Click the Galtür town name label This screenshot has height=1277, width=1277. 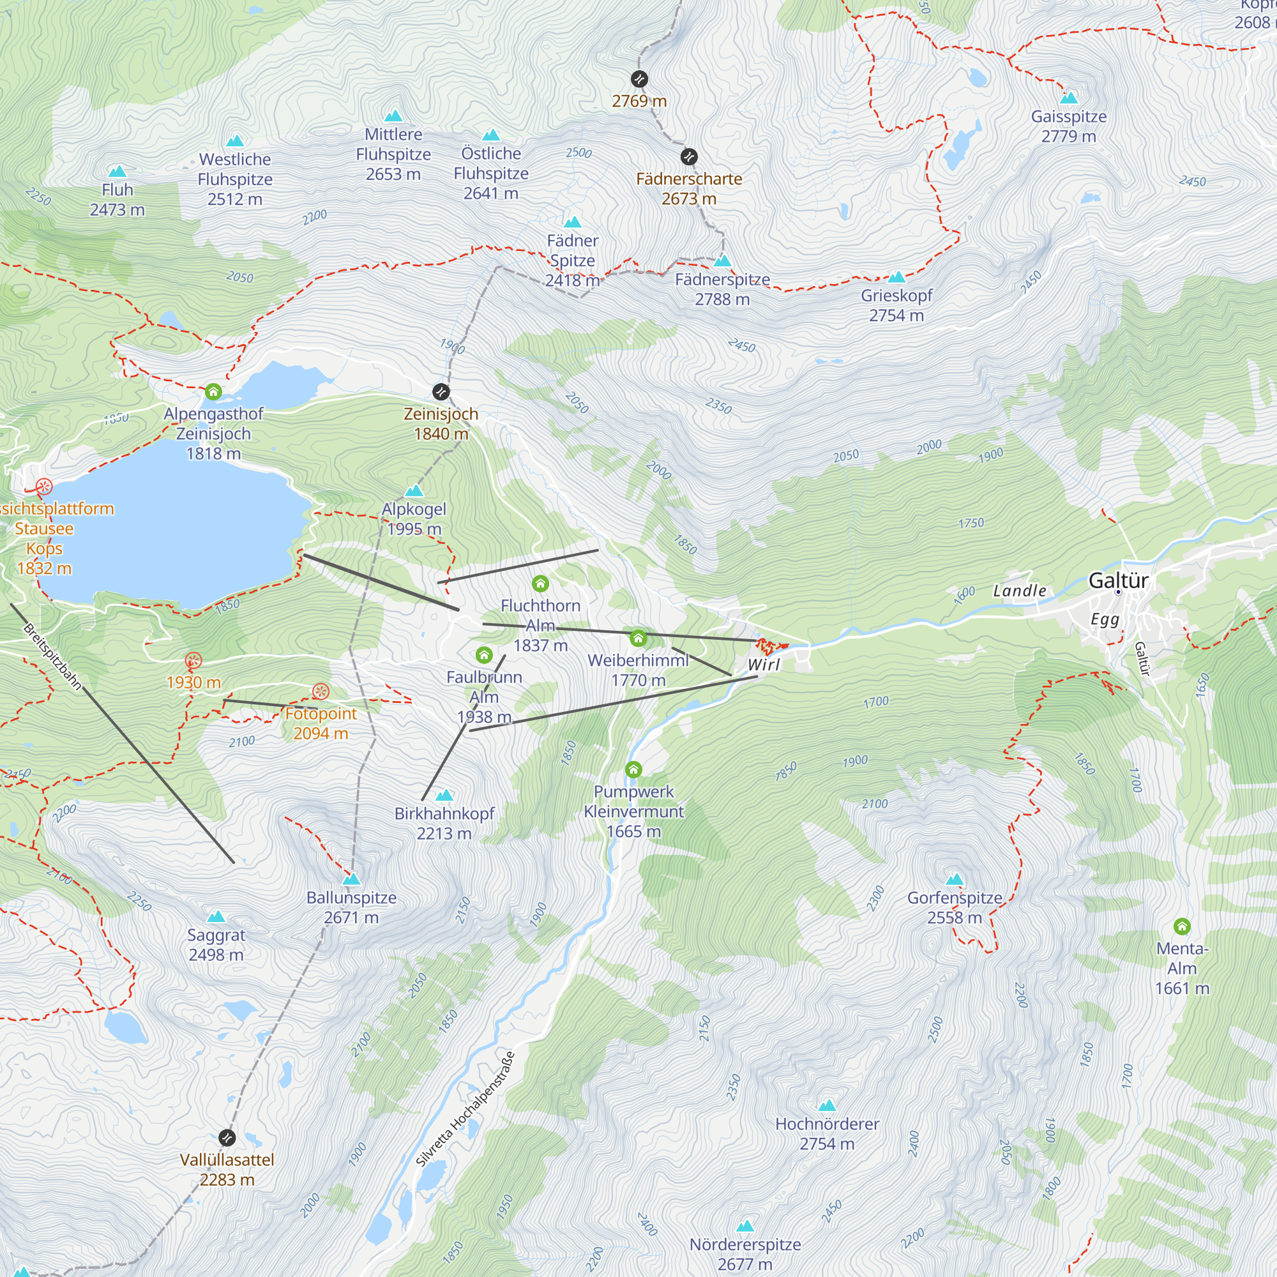[x=1119, y=580]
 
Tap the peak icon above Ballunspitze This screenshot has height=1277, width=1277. [x=352, y=879]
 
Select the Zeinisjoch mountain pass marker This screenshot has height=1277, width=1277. [x=441, y=392]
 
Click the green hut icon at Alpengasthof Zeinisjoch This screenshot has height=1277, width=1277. [x=213, y=392]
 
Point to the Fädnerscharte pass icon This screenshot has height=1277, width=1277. [x=689, y=156]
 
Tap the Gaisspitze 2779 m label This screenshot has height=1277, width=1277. [x=1069, y=126]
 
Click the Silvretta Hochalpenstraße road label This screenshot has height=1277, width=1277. [x=465, y=1109]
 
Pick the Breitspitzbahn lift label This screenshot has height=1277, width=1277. [x=52, y=656]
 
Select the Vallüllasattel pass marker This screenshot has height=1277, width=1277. [x=227, y=1138]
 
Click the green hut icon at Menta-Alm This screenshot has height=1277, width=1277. [x=1182, y=926]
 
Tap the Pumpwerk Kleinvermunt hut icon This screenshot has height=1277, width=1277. [x=633, y=769]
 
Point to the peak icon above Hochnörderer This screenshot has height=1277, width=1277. [x=827, y=1106]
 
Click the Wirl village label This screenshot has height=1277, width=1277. [x=764, y=665]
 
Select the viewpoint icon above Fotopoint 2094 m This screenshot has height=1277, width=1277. [x=321, y=691]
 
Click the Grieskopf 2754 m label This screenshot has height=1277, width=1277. [x=896, y=305]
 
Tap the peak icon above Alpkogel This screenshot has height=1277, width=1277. [x=414, y=490]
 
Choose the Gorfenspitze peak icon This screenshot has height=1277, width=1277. [x=955, y=879]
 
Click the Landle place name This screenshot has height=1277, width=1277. [x=1019, y=591]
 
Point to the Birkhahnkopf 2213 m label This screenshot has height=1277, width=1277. [x=444, y=823]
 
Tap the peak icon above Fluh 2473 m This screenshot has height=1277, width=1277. [x=117, y=171]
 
